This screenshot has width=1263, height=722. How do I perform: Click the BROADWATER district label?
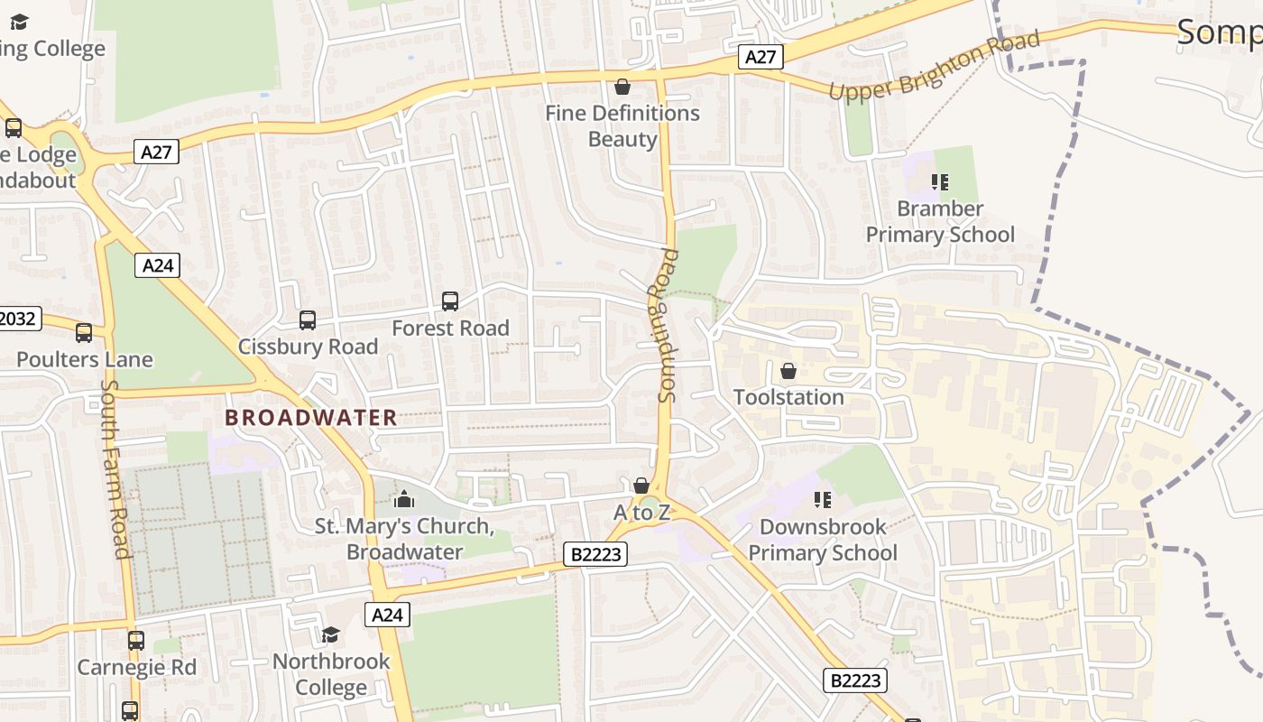[x=310, y=418]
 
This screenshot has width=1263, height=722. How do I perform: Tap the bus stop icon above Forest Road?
[x=450, y=301]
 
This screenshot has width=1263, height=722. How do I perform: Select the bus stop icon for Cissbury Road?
[x=308, y=320]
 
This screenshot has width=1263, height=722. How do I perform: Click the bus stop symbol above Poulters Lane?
[x=84, y=333]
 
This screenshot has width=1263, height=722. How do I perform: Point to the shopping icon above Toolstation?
[x=788, y=371]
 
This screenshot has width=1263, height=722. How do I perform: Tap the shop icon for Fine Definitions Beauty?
[x=622, y=87]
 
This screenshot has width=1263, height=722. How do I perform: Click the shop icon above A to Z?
[x=641, y=486]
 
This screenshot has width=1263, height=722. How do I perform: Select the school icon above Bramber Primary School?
[x=940, y=182]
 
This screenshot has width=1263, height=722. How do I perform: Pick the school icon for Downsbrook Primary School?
[x=822, y=499]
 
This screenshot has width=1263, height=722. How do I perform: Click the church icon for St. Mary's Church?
[x=404, y=499]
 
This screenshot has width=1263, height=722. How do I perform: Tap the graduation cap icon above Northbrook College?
[x=331, y=635]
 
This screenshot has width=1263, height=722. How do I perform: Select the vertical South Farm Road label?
[x=115, y=468]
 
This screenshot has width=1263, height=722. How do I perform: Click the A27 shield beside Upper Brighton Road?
[x=761, y=57]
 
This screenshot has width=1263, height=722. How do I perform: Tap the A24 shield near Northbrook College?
[x=388, y=615]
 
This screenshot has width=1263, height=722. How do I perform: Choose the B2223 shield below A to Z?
[x=595, y=554]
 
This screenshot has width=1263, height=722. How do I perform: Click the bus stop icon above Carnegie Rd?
[x=135, y=641]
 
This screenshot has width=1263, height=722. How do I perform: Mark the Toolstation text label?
[x=788, y=397]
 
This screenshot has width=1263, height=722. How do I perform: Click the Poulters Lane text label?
[x=85, y=359]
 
